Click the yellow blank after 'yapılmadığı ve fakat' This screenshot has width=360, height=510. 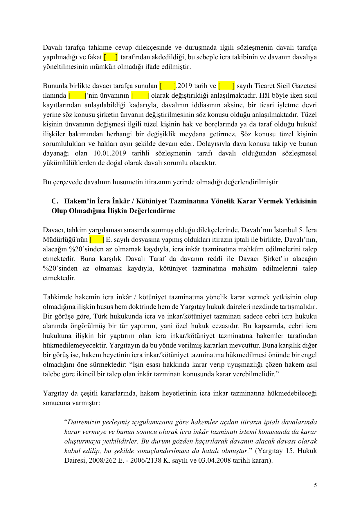[x=111, y=57]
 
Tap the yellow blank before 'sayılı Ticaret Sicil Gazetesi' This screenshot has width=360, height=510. [x=226, y=86]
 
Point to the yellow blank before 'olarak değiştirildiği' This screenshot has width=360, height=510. [x=140, y=96]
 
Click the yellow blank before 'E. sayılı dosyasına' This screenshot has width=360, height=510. [x=97, y=240]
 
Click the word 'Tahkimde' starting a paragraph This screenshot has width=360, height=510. [x=57, y=297]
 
